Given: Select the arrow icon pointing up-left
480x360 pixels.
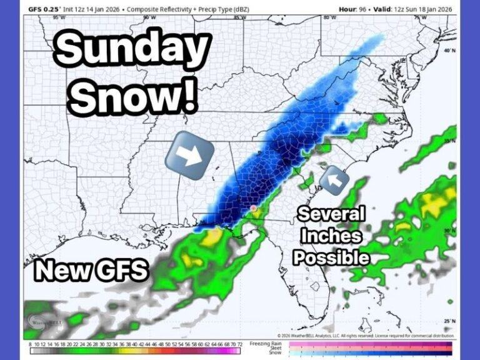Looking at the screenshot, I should click(334, 181).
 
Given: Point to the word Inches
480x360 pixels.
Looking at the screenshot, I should click(331, 236).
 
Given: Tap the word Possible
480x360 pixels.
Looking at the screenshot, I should click(331, 256).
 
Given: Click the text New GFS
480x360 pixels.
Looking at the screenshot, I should click(91, 270).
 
